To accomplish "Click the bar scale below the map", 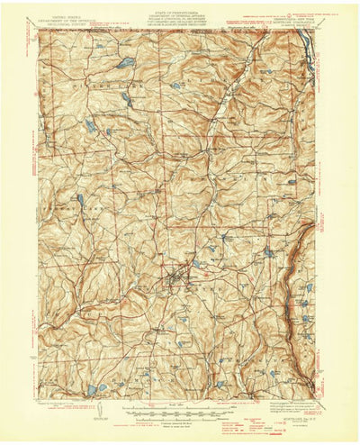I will [179, 408].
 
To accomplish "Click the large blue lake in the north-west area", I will [127, 62].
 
